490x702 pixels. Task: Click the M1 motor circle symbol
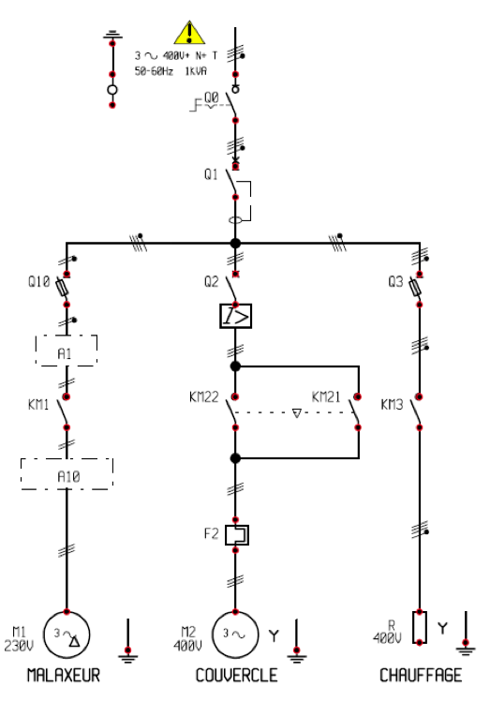tap(67, 635)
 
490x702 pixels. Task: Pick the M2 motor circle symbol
tap(235, 635)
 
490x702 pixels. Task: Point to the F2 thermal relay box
tap(235, 534)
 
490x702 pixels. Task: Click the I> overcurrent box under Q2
tap(235, 317)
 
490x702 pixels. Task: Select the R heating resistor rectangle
tap(420, 626)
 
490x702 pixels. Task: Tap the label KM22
tap(203, 397)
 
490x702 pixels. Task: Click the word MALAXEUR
tap(63, 675)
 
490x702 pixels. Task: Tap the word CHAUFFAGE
tap(420, 675)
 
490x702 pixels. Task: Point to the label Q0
tap(212, 97)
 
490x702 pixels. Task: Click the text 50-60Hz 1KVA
tap(171, 71)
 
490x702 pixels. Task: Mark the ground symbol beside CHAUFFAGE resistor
tap(466, 644)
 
